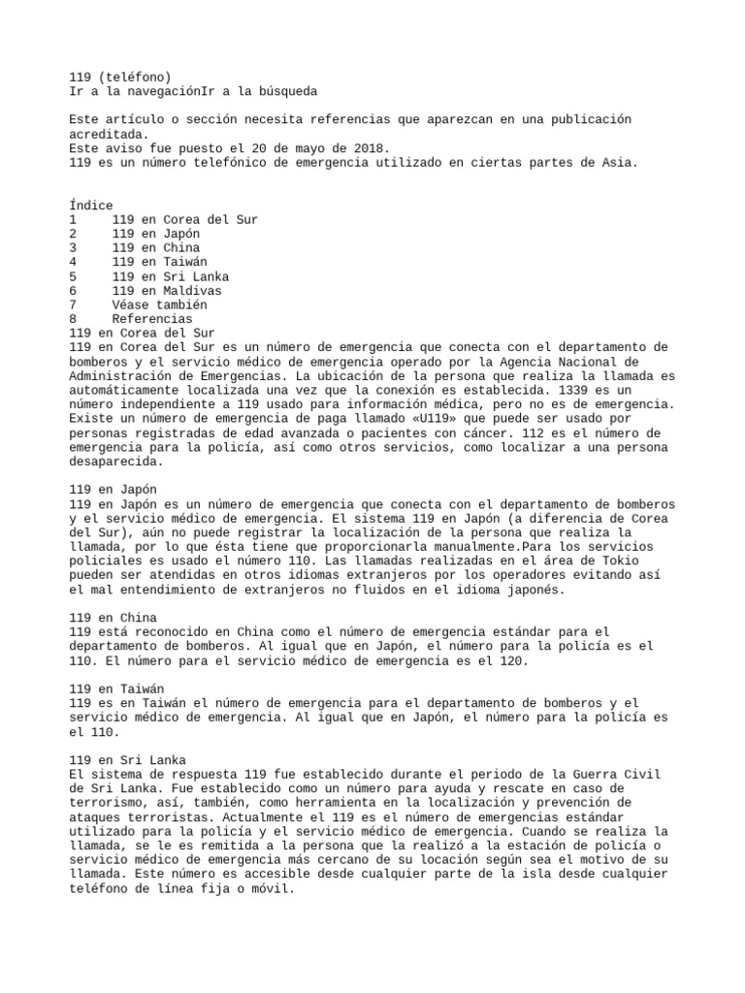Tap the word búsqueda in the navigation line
(x=285, y=91)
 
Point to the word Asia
(x=619, y=163)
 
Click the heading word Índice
(x=91, y=206)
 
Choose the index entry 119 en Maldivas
(x=167, y=290)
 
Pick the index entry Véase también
(x=159, y=304)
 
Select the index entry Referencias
(x=152, y=318)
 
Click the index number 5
(x=73, y=276)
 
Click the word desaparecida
(x=112, y=460)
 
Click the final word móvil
(x=268, y=886)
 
